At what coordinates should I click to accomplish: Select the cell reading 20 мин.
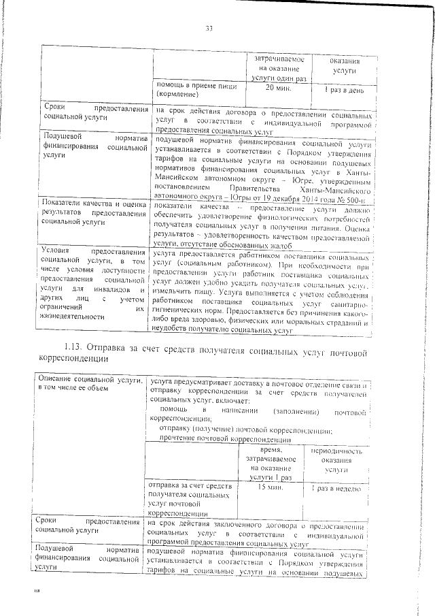click(x=277, y=88)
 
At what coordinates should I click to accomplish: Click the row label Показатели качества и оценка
click(x=94, y=204)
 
